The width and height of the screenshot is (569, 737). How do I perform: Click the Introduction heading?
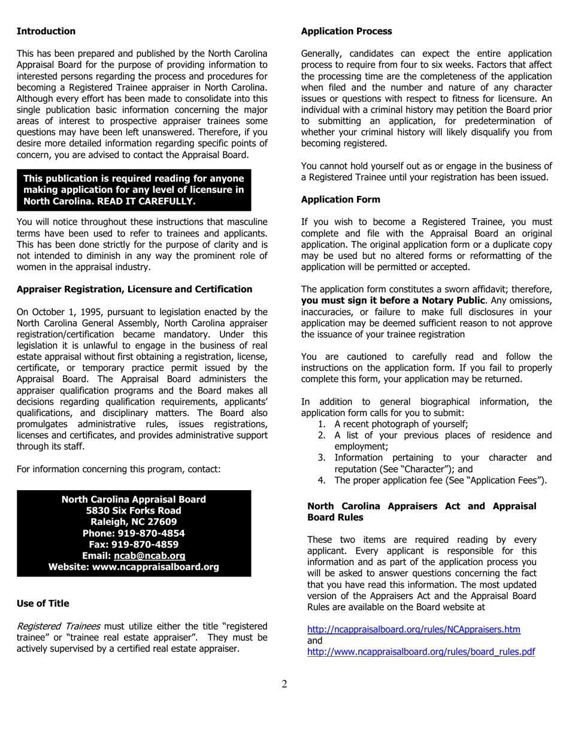(x=46, y=31)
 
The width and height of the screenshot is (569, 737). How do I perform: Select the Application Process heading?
(x=346, y=31)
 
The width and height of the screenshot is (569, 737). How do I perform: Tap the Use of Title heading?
(x=43, y=603)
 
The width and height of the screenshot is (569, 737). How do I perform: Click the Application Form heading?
(x=340, y=199)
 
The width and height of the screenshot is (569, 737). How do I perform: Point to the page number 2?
(x=284, y=684)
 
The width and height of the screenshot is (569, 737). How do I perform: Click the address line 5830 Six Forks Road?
(x=134, y=511)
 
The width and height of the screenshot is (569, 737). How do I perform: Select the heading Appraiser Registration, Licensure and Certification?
(x=134, y=289)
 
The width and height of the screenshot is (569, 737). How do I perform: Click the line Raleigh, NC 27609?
(x=134, y=522)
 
